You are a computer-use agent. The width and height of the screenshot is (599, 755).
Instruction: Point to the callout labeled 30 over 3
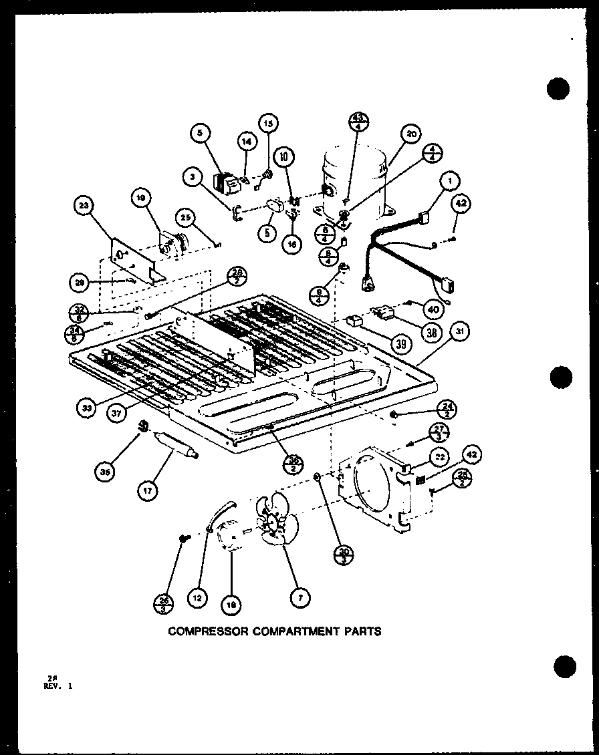pos(345,556)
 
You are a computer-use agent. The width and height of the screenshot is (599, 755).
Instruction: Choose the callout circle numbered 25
pos(187,217)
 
